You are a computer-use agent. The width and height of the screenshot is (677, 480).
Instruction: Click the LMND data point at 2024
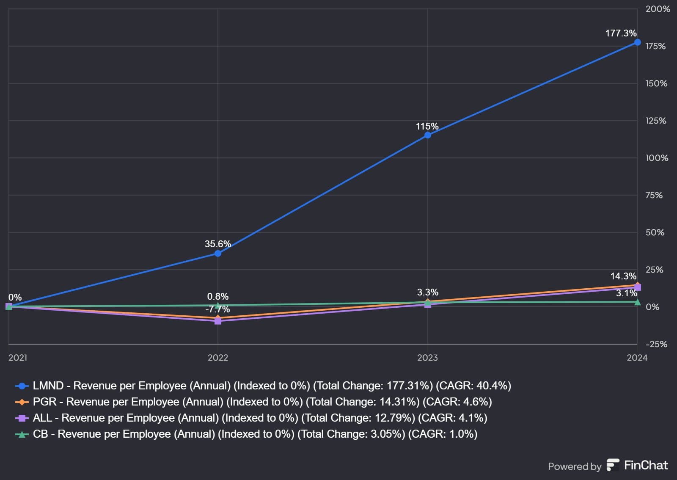point(637,42)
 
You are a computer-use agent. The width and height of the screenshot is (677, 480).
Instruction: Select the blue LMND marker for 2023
point(428,135)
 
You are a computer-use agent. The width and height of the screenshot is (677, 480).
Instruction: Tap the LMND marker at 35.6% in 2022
point(218,254)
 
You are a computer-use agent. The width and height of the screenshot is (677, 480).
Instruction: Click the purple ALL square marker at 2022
point(218,321)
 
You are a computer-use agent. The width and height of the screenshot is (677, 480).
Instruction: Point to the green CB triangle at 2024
point(637,302)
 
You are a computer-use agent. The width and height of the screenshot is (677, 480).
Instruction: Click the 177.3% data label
point(621,33)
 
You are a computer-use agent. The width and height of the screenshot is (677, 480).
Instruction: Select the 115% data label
point(427,126)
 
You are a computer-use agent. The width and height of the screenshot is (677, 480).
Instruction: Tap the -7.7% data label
point(217,309)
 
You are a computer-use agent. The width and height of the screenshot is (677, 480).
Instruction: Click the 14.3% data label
point(623,276)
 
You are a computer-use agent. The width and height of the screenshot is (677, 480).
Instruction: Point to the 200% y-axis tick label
point(658,9)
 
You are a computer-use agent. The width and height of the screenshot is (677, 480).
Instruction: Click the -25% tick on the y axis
point(656,344)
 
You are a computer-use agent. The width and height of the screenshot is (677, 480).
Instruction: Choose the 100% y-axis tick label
point(657,158)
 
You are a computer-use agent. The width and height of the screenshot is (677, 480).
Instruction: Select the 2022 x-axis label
point(218,358)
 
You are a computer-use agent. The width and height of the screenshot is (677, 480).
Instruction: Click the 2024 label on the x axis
point(637,358)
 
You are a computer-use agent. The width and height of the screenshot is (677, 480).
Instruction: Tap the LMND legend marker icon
point(22,386)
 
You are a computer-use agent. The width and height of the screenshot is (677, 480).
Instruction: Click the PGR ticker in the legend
point(44,402)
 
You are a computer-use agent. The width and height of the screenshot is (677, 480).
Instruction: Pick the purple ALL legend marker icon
point(22,418)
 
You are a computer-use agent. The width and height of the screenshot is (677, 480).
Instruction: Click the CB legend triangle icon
point(22,434)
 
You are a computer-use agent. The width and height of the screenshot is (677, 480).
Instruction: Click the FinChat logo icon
point(613,465)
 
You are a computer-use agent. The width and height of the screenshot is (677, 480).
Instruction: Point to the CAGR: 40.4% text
point(473,386)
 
